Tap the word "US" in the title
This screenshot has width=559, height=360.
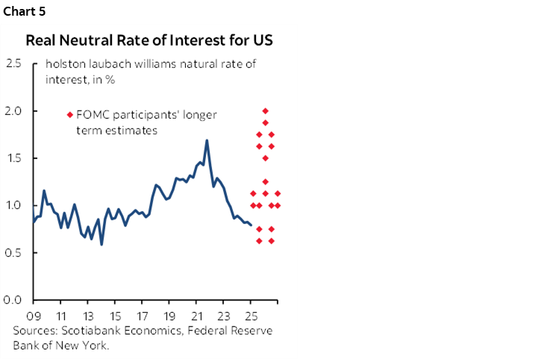pos(263,40)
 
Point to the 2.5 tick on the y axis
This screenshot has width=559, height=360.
pos(13,63)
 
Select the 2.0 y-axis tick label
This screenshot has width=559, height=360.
pos(13,111)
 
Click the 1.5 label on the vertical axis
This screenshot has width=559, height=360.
pos(13,158)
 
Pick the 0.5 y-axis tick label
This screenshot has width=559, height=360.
pos(13,252)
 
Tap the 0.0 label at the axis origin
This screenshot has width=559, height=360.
pos(13,300)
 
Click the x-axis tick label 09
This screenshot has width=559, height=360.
pos(33,314)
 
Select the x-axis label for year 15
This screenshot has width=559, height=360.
pos(115,314)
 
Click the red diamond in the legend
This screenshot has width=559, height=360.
pos(70,115)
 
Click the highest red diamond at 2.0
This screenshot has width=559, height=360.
pos(266,111)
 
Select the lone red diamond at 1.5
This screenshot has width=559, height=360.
pos(266,158)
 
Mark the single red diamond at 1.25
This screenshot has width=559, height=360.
pos(266,181)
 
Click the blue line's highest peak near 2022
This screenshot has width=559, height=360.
pos(207,140)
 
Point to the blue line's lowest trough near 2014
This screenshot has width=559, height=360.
pos(102,244)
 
